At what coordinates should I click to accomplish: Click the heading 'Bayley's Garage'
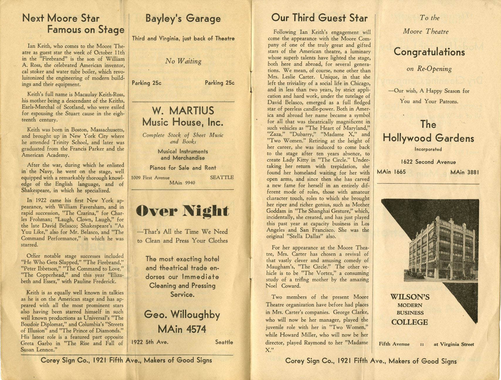(183, 19)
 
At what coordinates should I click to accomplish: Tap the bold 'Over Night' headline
(182, 211)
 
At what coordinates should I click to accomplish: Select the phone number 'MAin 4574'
(182, 329)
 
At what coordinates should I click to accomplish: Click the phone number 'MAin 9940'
(182, 183)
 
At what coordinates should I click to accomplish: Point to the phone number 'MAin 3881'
(465, 172)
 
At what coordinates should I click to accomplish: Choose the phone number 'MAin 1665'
(391, 172)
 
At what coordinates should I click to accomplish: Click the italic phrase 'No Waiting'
(183, 61)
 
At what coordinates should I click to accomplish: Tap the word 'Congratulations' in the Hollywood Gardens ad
(429, 52)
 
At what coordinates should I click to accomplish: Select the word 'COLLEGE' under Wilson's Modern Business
(409, 322)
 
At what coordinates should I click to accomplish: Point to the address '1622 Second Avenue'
(428, 162)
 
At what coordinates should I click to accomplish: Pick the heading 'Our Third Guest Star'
(319, 18)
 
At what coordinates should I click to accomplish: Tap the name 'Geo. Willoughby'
(182, 315)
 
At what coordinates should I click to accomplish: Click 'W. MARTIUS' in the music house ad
(183, 111)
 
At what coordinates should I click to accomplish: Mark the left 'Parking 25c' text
(147, 83)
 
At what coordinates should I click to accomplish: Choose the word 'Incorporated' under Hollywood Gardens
(428, 149)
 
